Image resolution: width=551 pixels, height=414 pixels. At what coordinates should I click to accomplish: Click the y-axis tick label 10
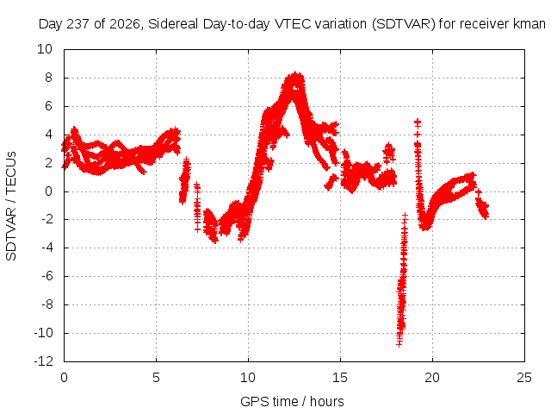pyautogui.click(x=45, y=49)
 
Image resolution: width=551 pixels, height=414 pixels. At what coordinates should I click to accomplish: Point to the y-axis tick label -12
pyautogui.click(x=43, y=361)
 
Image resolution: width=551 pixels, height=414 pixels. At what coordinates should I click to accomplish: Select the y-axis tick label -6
pyautogui.click(x=46, y=276)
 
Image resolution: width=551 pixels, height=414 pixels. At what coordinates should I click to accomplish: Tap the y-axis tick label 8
pyautogui.click(x=48, y=78)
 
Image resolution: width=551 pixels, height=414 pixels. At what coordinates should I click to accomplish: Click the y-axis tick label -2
pyautogui.click(x=46, y=219)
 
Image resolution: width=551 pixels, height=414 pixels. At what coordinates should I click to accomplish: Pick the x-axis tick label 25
pyautogui.click(x=524, y=378)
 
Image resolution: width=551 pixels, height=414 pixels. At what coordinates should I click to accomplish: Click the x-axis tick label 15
pyautogui.click(x=340, y=378)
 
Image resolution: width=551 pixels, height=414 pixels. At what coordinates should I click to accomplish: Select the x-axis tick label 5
pyautogui.click(x=156, y=378)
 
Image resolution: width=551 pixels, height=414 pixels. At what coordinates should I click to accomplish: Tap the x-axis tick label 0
pyautogui.click(x=64, y=378)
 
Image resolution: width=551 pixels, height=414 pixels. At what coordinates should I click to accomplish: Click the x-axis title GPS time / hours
pyautogui.click(x=292, y=401)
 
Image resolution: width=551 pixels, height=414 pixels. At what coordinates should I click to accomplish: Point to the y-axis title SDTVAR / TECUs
pyautogui.click(x=11, y=206)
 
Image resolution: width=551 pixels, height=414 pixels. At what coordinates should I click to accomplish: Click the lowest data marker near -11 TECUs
pyautogui.click(x=399, y=344)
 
